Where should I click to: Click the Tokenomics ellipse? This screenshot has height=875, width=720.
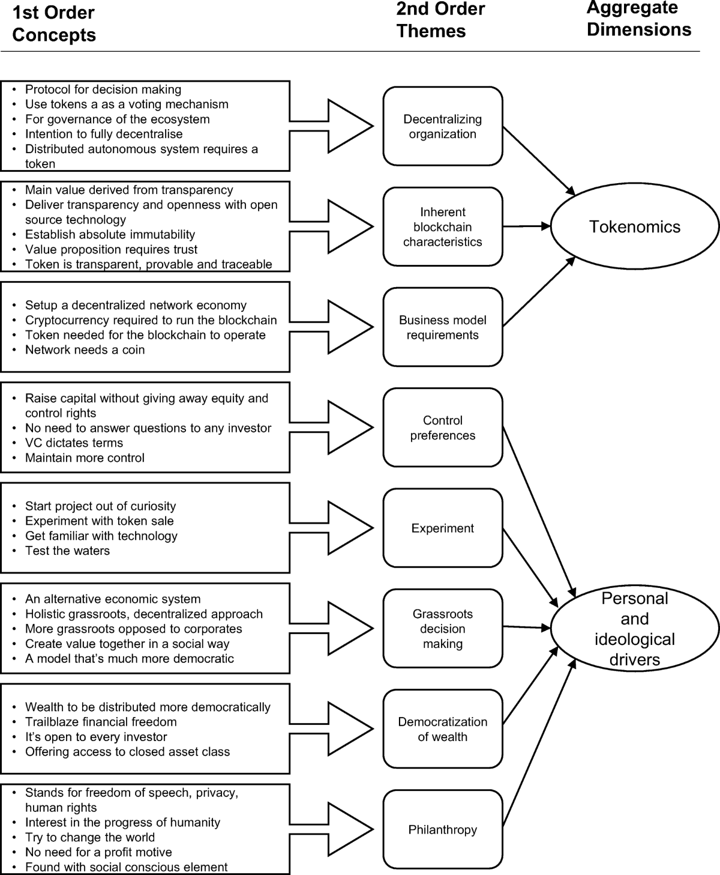click(x=634, y=226)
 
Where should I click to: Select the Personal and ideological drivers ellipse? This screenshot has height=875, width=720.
click(x=634, y=628)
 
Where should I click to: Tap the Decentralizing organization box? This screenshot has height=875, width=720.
click(x=443, y=126)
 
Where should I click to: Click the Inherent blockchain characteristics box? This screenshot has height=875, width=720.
click(x=443, y=226)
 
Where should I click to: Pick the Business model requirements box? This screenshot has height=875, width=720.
click(x=443, y=327)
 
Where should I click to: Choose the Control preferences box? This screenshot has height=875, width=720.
click(x=443, y=428)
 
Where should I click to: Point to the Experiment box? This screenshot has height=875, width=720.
click(x=443, y=528)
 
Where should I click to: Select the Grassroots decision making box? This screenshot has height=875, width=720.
click(x=443, y=628)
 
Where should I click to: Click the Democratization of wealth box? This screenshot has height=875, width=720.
click(x=443, y=728)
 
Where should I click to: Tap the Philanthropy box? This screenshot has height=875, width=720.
click(x=443, y=829)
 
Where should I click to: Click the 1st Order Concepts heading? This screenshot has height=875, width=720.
click(x=54, y=24)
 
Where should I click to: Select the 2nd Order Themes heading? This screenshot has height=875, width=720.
click(x=440, y=20)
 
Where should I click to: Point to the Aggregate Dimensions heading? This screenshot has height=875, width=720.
click(x=638, y=19)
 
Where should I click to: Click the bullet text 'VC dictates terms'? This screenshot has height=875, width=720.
click(x=74, y=443)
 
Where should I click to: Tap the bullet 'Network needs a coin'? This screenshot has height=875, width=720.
click(x=85, y=350)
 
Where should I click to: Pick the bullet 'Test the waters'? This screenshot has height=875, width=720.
click(x=67, y=551)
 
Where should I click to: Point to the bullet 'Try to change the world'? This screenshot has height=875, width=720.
click(x=89, y=837)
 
